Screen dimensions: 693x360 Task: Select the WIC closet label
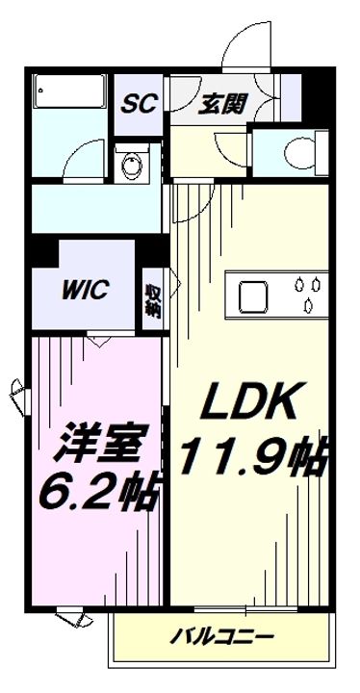click(88, 289)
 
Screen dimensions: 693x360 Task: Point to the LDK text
click(246, 401)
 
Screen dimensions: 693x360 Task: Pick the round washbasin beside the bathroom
click(130, 164)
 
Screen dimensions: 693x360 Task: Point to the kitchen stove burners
click(308, 295)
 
